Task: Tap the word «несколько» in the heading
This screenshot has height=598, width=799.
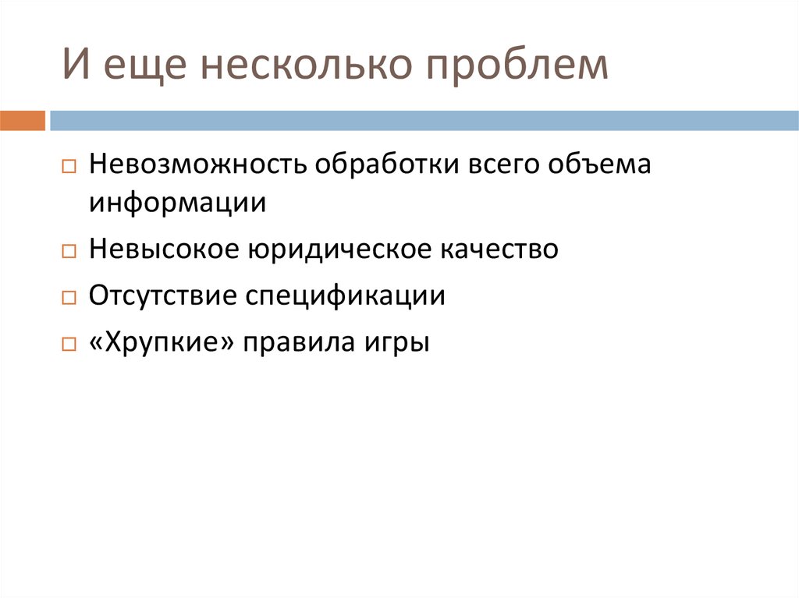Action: click(305, 66)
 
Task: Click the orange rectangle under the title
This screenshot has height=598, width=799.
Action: click(23, 121)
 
